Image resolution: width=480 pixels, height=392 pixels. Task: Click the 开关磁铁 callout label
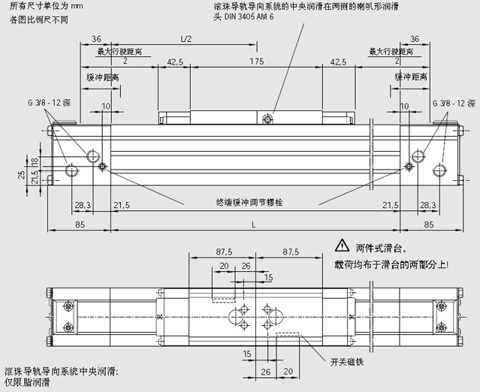347,361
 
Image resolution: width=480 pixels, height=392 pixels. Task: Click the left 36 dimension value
96,38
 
